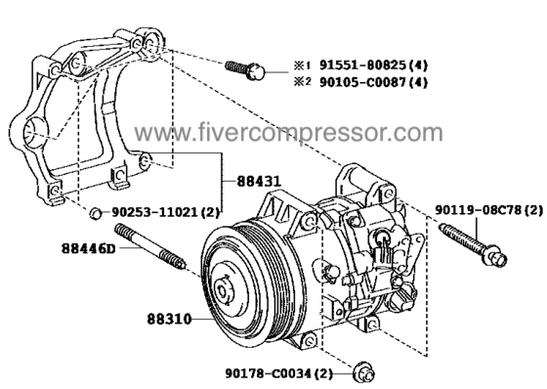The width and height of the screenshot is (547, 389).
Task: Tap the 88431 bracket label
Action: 259,181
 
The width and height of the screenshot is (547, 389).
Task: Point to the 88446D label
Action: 88,248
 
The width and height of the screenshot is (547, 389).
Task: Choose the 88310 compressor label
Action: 169,319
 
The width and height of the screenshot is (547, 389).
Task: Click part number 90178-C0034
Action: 268,374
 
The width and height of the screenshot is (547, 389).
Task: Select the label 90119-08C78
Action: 478,210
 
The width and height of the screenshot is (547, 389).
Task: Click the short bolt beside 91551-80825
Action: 245,69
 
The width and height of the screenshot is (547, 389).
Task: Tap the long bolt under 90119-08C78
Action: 473,244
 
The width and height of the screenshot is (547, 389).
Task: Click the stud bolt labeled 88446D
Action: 150,247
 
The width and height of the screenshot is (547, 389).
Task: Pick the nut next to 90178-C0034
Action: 363,374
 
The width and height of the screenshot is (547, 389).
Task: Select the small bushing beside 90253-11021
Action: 96,213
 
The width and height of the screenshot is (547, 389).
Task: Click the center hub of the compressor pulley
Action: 222,290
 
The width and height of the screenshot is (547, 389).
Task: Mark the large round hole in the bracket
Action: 34,132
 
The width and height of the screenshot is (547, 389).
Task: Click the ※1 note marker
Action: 302,65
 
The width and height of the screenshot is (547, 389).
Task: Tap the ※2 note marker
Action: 302,82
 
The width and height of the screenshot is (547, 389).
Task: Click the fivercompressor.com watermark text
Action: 289,133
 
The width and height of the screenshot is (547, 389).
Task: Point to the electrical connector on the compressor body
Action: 383,252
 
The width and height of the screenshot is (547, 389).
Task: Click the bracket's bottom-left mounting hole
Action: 55,191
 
